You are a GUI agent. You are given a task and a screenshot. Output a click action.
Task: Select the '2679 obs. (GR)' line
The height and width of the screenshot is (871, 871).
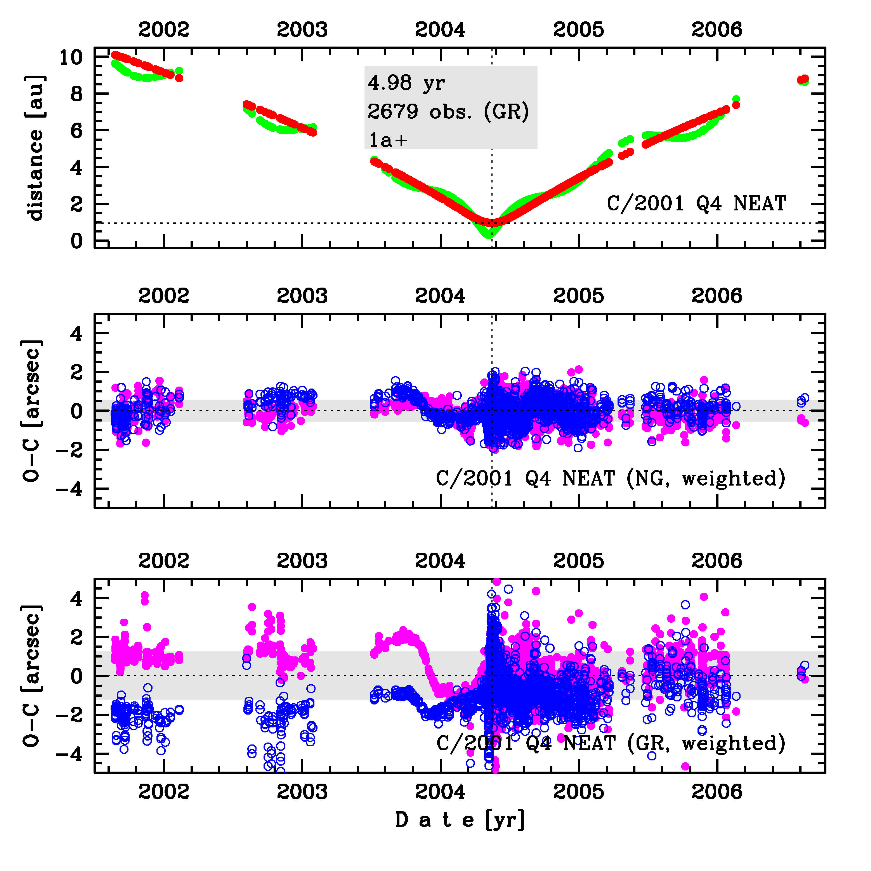[x=448, y=111]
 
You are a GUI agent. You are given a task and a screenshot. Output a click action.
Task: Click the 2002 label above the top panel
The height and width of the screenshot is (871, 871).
[x=164, y=30]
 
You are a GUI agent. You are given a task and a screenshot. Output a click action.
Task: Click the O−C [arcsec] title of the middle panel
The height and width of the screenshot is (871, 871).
[x=33, y=411]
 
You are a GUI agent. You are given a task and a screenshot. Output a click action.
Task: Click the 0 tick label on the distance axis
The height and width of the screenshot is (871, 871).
[x=77, y=241]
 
